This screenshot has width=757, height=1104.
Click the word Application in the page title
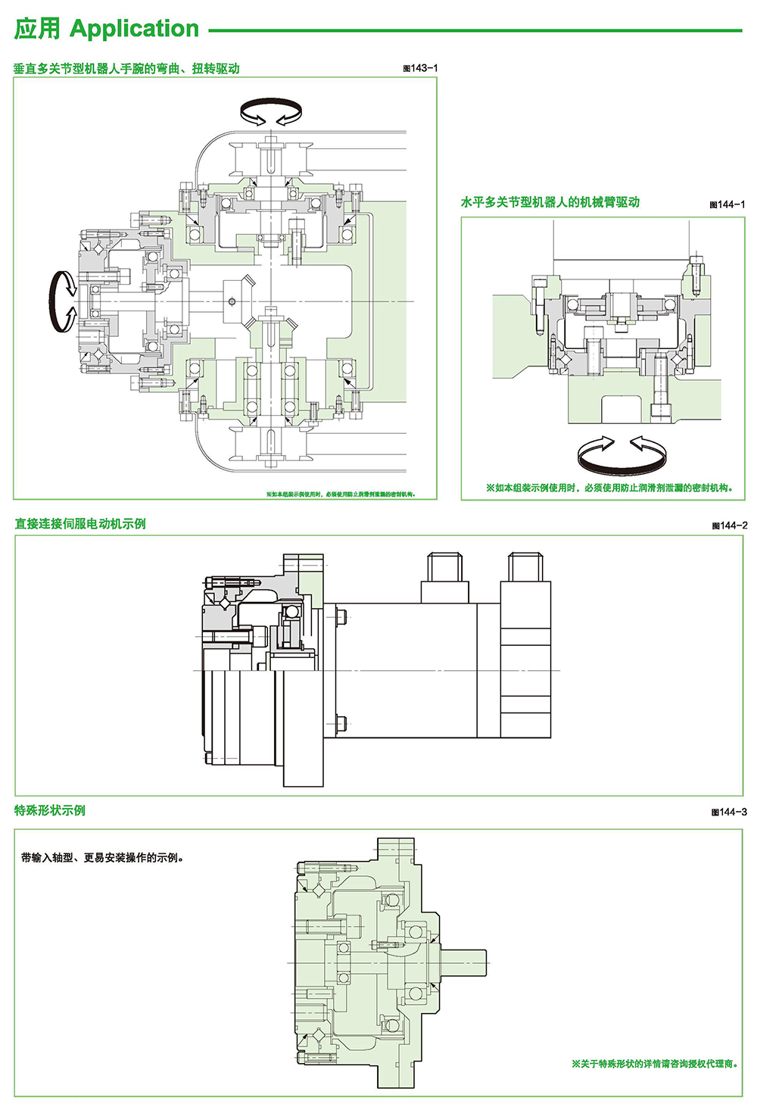point(134,29)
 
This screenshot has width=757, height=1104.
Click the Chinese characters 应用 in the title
point(37,29)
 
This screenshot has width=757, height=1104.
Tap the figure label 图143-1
point(420,68)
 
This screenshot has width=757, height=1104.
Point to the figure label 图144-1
point(727,204)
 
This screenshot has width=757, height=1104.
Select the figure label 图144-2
point(730,525)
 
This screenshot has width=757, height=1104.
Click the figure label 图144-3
point(729,812)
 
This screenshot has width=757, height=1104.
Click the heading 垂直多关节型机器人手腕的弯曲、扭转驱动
point(126,68)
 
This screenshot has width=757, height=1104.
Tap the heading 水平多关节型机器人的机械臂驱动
point(550,202)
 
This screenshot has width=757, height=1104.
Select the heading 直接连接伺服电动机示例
point(80,524)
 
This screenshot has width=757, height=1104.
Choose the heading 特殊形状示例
point(50,810)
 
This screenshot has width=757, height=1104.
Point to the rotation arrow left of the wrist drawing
point(63,301)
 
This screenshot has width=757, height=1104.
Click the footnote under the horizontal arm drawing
point(609,488)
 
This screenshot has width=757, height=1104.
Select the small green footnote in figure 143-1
point(340,494)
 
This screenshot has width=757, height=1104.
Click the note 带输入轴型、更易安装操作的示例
point(103,858)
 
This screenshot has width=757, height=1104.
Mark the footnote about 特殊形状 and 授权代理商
point(655,1064)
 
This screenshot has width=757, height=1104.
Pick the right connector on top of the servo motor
point(526,567)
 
